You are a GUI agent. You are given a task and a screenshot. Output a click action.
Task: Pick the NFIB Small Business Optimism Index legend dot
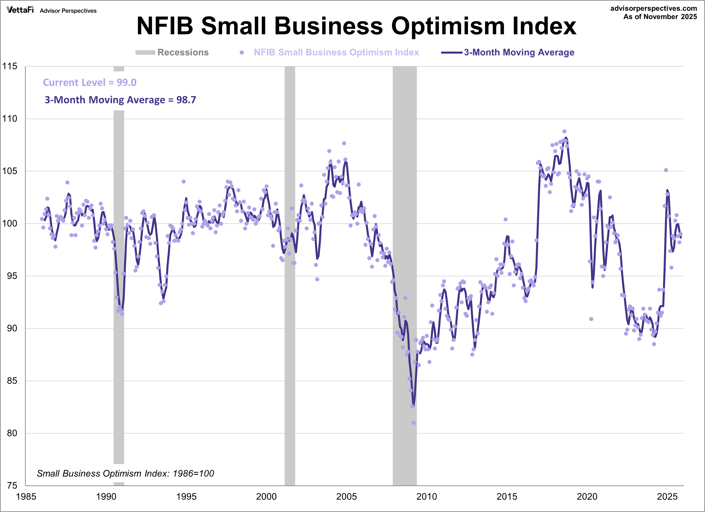pyautogui.click(x=242, y=52)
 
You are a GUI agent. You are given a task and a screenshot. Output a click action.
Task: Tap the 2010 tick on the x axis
pyautogui.click(x=427, y=496)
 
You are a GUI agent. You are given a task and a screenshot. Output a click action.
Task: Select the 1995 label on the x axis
pyautogui.click(x=186, y=496)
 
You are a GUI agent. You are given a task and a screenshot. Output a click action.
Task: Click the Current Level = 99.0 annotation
pyautogui.click(x=89, y=82)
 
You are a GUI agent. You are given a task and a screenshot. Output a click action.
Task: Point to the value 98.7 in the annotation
pyautogui.click(x=186, y=100)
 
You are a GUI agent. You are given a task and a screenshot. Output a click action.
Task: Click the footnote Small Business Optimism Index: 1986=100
pyautogui.click(x=125, y=473)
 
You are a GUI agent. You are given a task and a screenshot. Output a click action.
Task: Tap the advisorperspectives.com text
pyautogui.click(x=653, y=8)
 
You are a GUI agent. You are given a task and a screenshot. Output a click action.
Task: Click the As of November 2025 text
pyautogui.click(x=660, y=17)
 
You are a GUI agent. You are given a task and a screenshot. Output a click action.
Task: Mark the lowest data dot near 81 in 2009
pyautogui.click(x=413, y=423)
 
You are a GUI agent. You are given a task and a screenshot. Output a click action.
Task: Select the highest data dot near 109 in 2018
pyautogui.click(x=564, y=131)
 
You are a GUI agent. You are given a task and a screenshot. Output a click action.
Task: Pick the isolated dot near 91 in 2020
pyautogui.click(x=591, y=319)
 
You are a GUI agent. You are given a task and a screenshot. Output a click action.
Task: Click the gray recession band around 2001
pyautogui.click(x=290, y=280)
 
